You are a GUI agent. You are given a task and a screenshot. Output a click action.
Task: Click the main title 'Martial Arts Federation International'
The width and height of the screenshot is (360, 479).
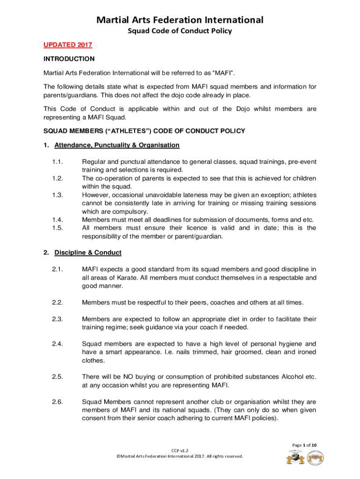point(180,20)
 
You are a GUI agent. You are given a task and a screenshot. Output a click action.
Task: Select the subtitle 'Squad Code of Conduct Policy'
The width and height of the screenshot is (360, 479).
point(180,31)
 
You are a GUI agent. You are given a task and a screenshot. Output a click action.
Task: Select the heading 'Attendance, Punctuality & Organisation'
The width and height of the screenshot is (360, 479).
point(117,145)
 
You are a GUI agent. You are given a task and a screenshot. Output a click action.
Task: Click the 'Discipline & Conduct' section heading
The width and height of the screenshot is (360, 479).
point(88,253)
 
